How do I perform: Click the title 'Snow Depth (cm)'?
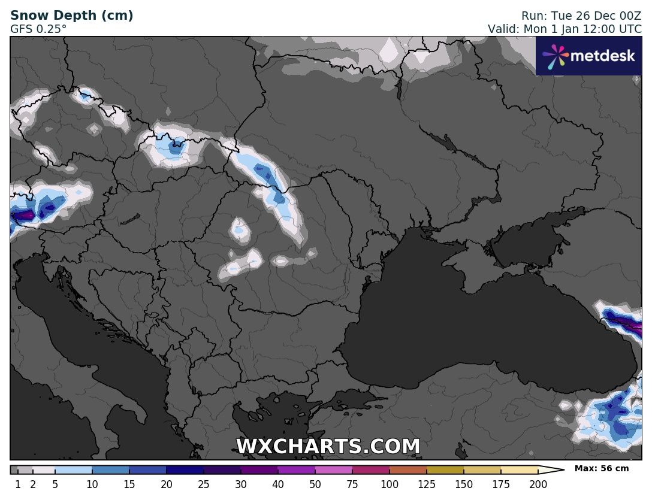(x=72, y=16)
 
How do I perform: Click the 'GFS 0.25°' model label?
(x=38, y=29)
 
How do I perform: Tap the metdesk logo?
(x=588, y=56)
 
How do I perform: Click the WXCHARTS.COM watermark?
(x=328, y=447)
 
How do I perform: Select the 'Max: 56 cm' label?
(x=602, y=468)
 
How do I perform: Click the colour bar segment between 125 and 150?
(x=445, y=470)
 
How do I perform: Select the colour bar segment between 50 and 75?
(x=334, y=470)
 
